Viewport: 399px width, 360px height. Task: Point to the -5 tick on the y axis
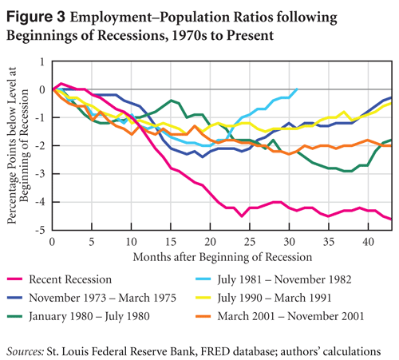pos(40,230)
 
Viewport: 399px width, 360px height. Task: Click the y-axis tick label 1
pos(42,62)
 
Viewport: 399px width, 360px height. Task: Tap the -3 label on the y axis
pos(40,174)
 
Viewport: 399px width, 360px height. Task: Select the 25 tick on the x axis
pos(250,242)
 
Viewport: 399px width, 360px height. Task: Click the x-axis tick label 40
pos(368,242)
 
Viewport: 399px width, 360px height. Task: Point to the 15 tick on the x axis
pos(171,242)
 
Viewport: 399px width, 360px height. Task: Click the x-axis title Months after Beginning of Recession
pos(223,257)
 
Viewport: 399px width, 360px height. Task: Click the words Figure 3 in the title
pos(36,17)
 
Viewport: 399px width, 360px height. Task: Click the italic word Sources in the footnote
pos(26,351)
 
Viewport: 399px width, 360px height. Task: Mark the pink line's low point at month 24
pos(242,216)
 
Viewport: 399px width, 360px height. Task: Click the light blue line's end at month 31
pos(297,89)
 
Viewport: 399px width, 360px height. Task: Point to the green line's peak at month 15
pos(171,101)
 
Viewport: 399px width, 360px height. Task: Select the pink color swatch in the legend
pos(14,279)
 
